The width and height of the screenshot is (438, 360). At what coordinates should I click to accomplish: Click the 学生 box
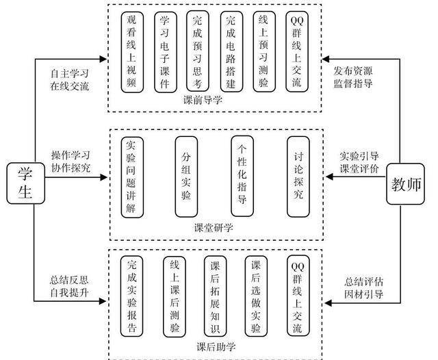[25, 183]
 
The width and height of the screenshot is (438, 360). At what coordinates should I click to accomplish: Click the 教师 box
[406, 183]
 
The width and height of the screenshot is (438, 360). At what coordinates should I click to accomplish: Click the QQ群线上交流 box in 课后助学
[296, 296]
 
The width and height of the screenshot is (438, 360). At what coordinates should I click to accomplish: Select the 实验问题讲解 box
[132, 176]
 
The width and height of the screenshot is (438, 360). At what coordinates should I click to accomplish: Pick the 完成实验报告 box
[132, 296]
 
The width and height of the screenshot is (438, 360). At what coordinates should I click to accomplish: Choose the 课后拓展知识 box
[214, 296]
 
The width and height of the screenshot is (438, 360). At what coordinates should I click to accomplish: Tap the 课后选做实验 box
[255, 296]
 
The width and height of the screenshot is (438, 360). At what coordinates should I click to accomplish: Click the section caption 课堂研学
[214, 228]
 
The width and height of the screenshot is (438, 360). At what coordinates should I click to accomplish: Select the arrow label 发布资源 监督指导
[353, 77]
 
